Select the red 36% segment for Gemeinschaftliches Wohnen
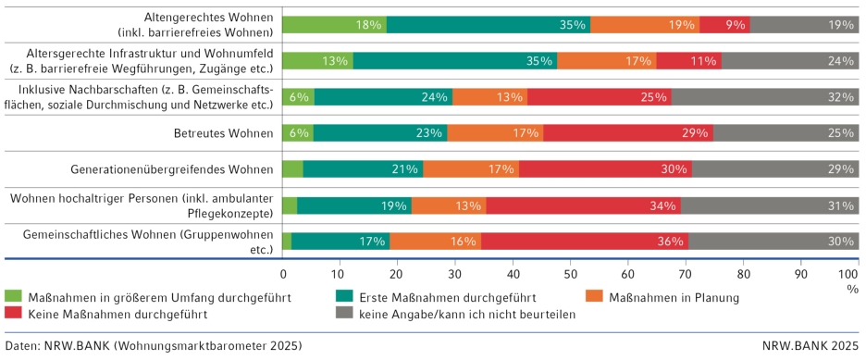pos(584,242)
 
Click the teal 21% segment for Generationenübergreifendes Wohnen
pos(363,169)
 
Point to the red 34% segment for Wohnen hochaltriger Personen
pos(583,205)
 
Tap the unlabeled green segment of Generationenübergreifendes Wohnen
pos(292,169)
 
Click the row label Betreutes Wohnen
pos(224,133)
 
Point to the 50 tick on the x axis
pos(570,275)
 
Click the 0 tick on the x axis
pos(283,275)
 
